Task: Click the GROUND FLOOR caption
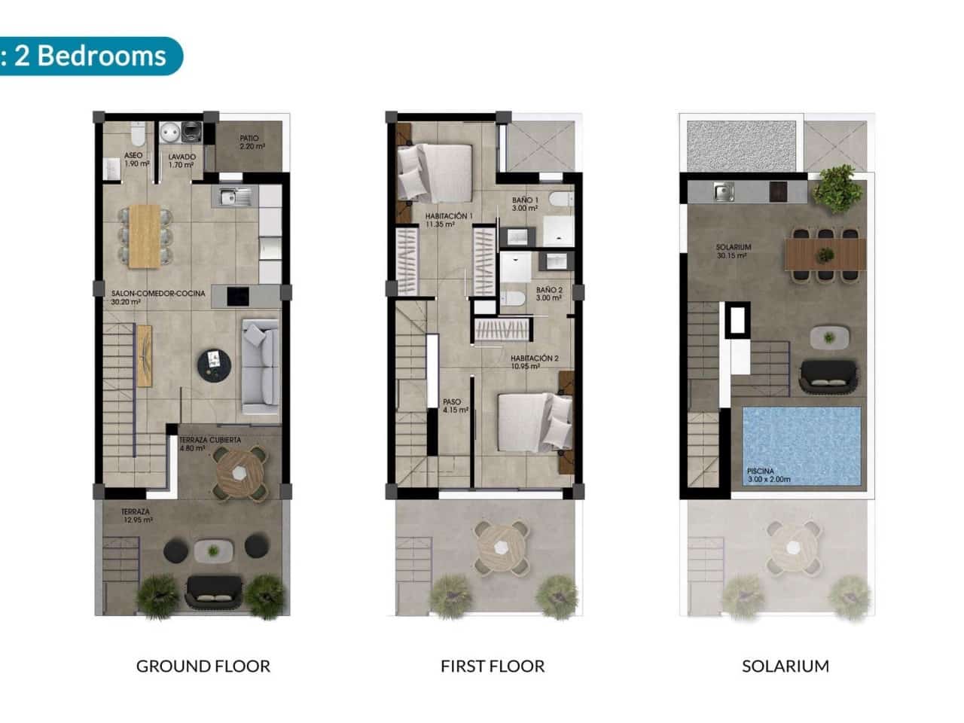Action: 203,666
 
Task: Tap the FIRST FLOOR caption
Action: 493,666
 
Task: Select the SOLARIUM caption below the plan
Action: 786,666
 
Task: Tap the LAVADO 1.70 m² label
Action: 182,160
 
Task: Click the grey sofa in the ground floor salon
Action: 260,367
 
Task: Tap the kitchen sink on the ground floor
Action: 234,197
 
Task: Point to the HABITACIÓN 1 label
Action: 449,219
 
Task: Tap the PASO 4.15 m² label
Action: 456,406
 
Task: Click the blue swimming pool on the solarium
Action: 801,446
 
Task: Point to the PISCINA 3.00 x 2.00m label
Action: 769,475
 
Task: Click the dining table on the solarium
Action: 825,254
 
